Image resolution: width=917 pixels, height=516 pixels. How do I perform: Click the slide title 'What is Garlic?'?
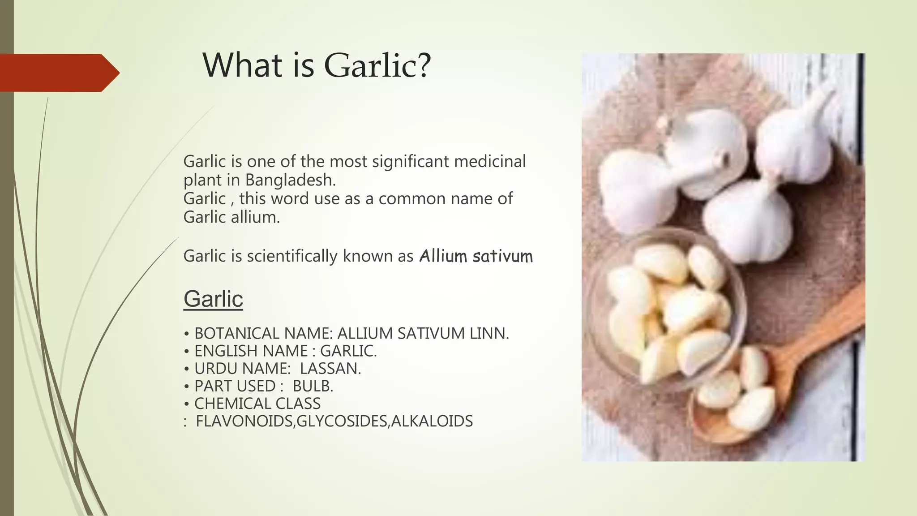tap(317, 65)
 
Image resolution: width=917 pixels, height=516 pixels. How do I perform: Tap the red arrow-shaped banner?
tap(58, 73)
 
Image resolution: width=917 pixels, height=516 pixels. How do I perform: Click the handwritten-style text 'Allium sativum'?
tap(476, 256)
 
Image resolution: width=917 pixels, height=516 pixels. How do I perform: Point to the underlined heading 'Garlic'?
tap(213, 299)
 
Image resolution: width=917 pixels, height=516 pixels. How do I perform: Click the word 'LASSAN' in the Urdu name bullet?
tap(330, 369)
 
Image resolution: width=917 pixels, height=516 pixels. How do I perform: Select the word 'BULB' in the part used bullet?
tap(313, 386)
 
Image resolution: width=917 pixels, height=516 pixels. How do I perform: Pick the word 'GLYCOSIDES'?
tap(342, 421)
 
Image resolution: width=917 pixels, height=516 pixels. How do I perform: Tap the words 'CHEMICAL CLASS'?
tap(257, 404)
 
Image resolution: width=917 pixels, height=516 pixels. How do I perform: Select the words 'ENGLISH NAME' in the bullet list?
tap(251, 351)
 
